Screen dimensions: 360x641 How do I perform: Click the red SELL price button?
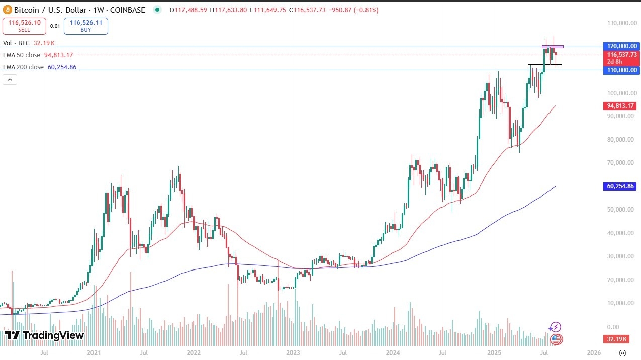click(x=24, y=26)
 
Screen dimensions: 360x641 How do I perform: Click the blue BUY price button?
click(x=88, y=26)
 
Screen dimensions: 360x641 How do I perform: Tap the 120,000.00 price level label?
click(x=621, y=46)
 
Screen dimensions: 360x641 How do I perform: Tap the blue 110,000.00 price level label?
click(x=621, y=70)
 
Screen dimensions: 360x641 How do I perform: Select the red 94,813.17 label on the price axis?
click(x=621, y=106)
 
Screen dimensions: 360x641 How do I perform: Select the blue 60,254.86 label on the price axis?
click(x=621, y=186)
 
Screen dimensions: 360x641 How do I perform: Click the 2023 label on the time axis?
click(x=293, y=353)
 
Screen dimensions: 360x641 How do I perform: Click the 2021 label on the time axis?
click(x=94, y=353)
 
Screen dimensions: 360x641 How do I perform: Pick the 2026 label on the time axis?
click(x=594, y=353)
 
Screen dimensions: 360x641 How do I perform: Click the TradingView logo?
click(x=44, y=335)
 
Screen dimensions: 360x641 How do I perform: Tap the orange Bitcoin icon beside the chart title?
click(x=8, y=10)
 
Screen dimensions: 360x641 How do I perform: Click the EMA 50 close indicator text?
click(x=23, y=55)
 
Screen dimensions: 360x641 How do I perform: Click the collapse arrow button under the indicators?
click(x=10, y=79)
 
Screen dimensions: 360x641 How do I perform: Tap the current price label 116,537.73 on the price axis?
click(x=621, y=55)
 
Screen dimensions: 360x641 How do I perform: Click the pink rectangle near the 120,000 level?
click(x=553, y=47)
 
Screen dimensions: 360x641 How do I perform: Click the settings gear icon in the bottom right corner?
click(x=622, y=353)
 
